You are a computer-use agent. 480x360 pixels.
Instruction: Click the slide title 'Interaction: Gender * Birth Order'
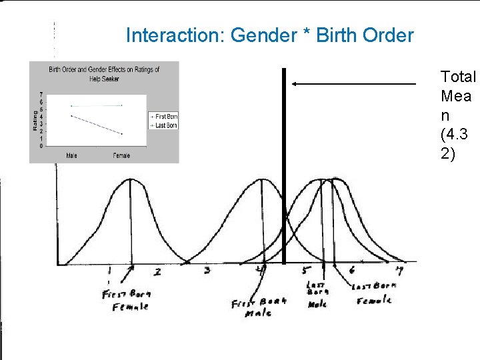click(x=269, y=35)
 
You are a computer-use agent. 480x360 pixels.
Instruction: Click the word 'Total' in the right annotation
click(x=458, y=77)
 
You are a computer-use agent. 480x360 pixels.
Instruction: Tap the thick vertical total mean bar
click(x=283, y=167)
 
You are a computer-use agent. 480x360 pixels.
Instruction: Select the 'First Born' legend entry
click(x=165, y=117)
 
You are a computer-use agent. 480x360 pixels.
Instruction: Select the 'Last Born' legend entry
click(x=165, y=125)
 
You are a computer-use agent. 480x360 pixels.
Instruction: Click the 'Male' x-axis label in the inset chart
click(x=71, y=155)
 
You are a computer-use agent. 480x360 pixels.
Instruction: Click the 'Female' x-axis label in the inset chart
click(x=121, y=155)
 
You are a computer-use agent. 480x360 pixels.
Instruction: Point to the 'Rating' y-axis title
click(x=35, y=120)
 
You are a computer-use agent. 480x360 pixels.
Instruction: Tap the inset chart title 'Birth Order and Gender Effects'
click(x=104, y=69)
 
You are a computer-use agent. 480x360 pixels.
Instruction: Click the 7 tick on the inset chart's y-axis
click(x=42, y=95)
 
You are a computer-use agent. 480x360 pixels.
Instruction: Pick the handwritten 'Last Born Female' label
click(x=373, y=293)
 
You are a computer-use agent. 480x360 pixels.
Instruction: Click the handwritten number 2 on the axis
click(x=158, y=271)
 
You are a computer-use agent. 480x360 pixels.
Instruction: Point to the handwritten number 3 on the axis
click(x=207, y=270)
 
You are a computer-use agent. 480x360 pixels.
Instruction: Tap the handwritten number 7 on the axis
click(x=399, y=271)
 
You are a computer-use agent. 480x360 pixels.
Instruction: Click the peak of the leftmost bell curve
click(x=129, y=180)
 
